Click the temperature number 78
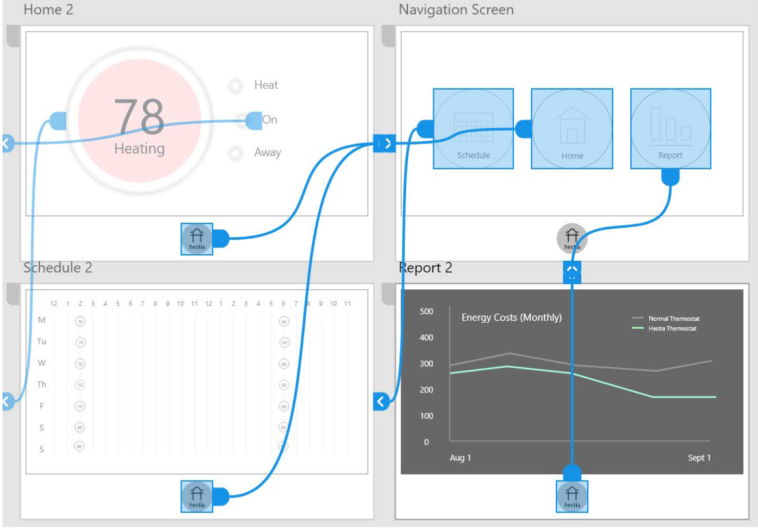click(x=139, y=116)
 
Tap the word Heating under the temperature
click(x=139, y=149)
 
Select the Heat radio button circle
click(x=235, y=86)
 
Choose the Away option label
click(x=267, y=152)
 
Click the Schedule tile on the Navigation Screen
click(x=473, y=129)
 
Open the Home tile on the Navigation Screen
click(x=572, y=129)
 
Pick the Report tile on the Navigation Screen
click(x=670, y=129)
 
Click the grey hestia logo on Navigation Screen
click(x=572, y=238)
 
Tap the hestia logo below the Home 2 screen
click(x=197, y=239)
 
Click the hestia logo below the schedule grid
click(x=197, y=496)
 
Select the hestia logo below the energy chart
click(x=572, y=496)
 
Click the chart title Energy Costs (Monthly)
click(x=511, y=317)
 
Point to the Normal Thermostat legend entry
click(x=673, y=318)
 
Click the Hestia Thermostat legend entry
click(x=672, y=328)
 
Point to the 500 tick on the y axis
click(x=427, y=311)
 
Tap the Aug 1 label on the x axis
click(x=460, y=458)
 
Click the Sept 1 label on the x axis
click(x=699, y=458)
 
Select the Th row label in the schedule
click(x=42, y=384)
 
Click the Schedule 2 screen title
click(x=58, y=268)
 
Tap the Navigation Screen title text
click(x=456, y=10)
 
